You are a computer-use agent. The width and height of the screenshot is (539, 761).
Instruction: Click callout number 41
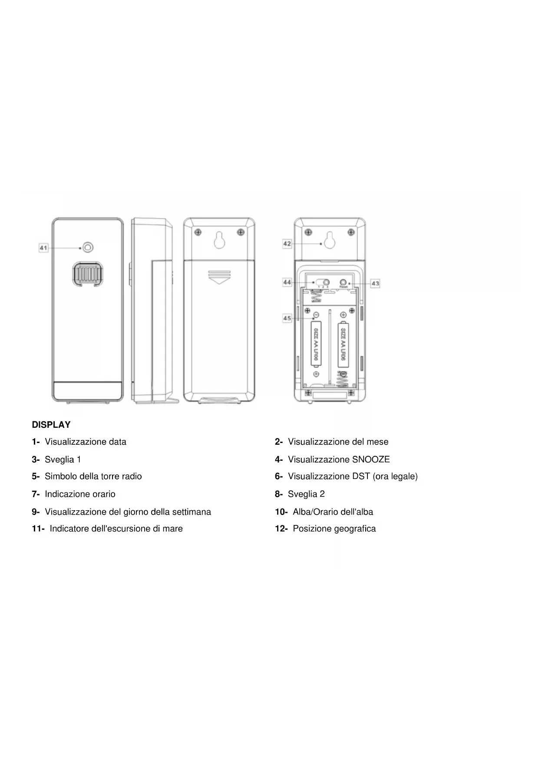[x=43, y=248]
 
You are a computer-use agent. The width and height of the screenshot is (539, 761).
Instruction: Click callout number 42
[x=287, y=244]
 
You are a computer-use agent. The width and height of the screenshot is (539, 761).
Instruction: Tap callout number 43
[x=375, y=283]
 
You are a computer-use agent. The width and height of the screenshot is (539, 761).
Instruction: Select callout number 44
[x=287, y=282]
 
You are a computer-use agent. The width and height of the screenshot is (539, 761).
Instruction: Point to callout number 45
[x=287, y=318]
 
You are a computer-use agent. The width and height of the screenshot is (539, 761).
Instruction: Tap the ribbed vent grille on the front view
[x=88, y=274]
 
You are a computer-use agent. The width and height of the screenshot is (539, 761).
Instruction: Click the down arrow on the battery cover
[x=219, y=277]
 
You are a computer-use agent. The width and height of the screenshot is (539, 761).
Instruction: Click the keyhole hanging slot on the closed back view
[x=219, y=239]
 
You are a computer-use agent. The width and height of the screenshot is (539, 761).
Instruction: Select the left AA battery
[x=316, y=344]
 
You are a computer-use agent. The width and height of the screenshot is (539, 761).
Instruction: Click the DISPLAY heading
[x=51, y=425]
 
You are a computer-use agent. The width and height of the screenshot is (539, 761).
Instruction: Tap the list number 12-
[x=281, y=528]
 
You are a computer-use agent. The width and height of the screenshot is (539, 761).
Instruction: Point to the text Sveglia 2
[x=306, y=494]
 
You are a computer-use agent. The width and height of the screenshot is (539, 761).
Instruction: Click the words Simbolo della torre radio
[x=93, y=476]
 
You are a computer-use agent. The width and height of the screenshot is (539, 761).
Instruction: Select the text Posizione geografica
[x=334, y=528]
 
